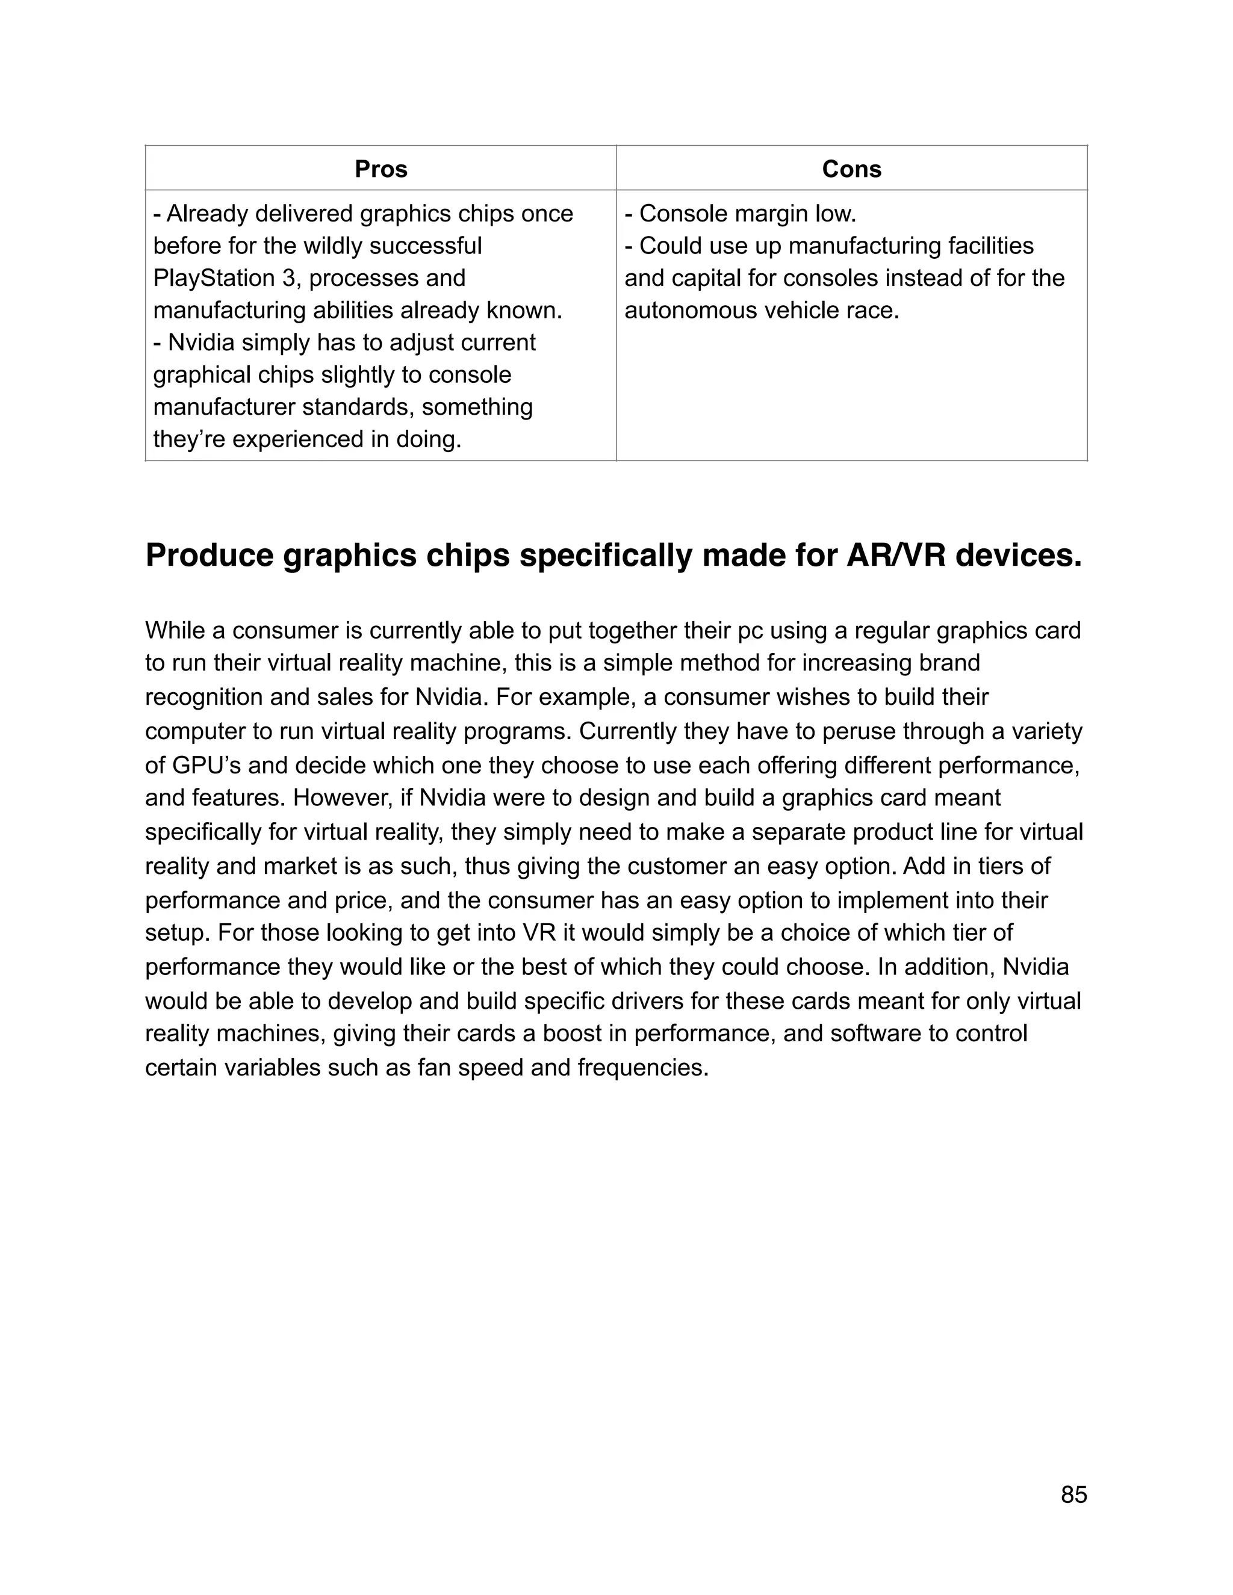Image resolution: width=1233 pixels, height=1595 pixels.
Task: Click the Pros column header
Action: tap(380, 170)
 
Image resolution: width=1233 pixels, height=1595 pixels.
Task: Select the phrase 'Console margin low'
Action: tap(747, 214)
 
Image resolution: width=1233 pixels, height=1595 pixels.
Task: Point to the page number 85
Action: tap(1073, 1494)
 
